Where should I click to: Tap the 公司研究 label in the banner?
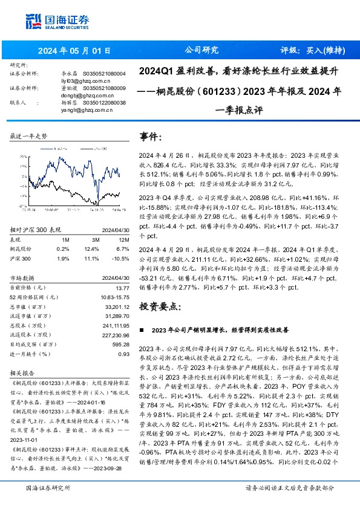pos(201,50)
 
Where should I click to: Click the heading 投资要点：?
pos(160,306)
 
